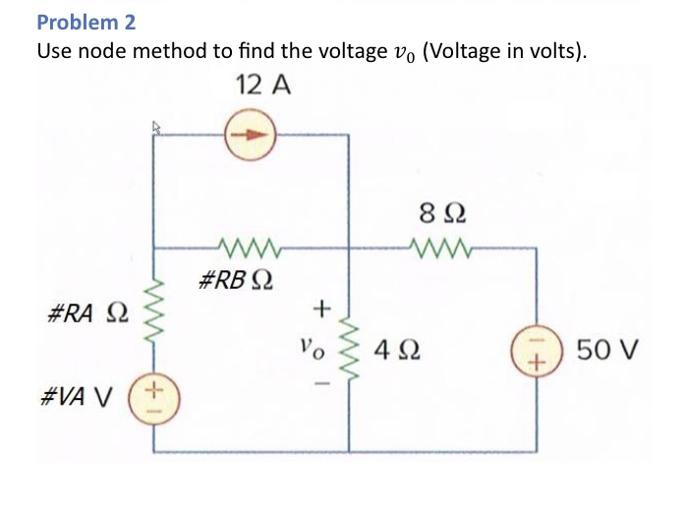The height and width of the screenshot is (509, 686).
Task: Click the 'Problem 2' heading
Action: (86, 21)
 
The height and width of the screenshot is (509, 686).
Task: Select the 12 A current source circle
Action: (253, 137)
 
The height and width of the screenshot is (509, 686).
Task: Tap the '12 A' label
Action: (263, 85)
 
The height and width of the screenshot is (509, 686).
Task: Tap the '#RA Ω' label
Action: (86, 315)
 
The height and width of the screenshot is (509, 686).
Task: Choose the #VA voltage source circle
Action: (153, 398)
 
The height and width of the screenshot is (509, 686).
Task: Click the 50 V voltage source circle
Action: (536, 350)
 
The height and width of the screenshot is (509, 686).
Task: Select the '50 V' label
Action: (608, 350)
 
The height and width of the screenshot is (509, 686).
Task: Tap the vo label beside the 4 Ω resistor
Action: (312, 347)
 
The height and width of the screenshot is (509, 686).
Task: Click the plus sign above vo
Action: (316, 310)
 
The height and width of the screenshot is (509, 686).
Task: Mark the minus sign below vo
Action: (316, 383)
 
